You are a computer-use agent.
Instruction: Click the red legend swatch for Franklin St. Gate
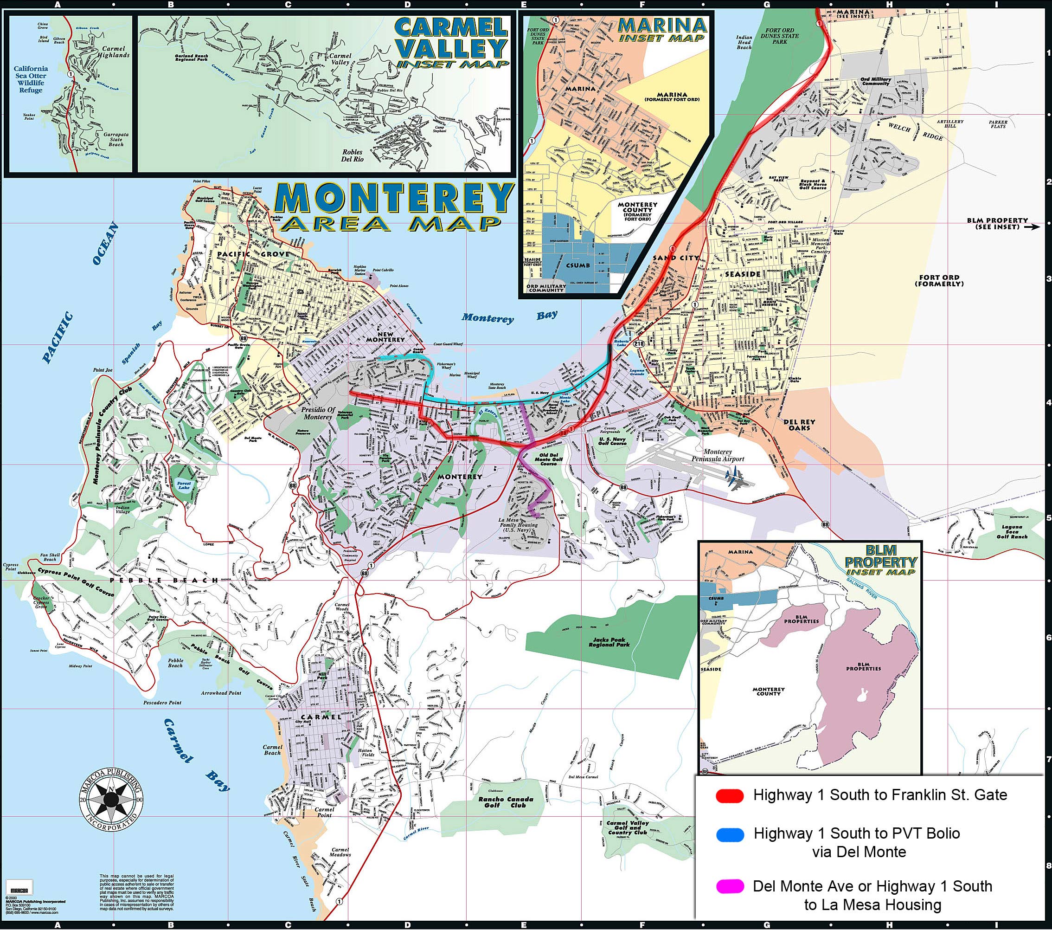[729, 795]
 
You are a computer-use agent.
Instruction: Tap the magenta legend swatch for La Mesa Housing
[729, 886]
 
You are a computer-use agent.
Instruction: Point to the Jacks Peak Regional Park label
[609, 642]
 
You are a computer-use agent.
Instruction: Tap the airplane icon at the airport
[734, 478]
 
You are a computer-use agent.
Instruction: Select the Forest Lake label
[184, 485]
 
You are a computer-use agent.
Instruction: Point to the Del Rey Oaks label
[799, 424]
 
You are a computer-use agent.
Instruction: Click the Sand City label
[676, 258]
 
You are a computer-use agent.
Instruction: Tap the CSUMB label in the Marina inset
[577, 265]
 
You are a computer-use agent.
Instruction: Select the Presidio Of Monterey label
[318, 413]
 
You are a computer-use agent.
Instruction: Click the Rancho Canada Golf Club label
[506, 802]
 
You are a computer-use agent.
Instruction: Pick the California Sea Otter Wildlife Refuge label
[31, 79]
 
